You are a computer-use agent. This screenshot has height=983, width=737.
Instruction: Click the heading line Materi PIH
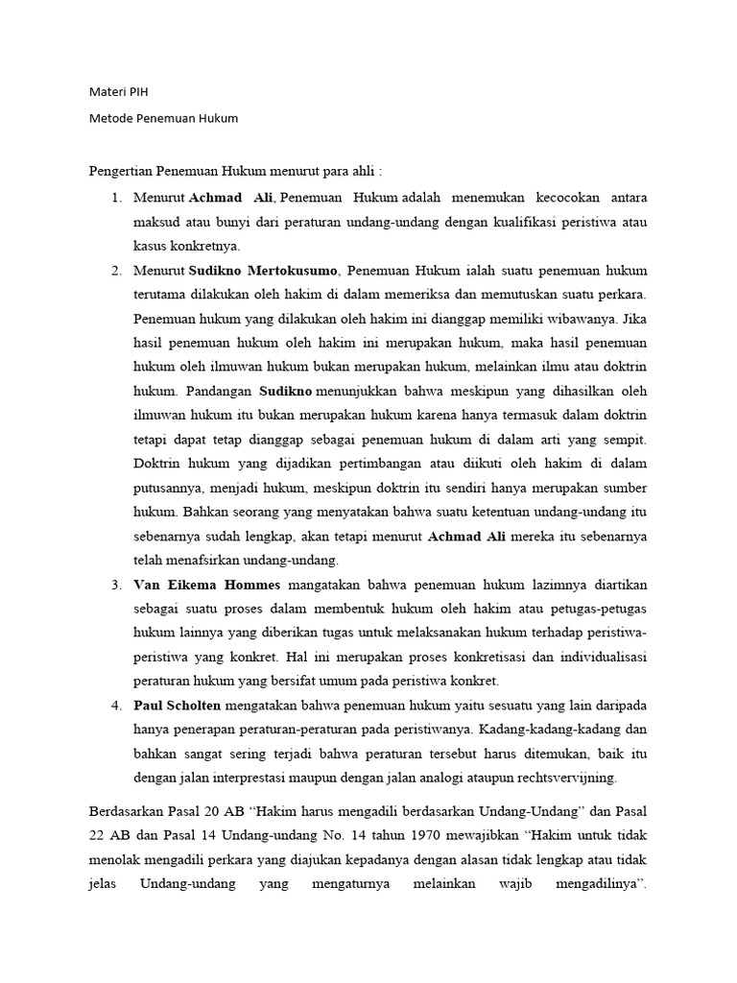tap(119, 92)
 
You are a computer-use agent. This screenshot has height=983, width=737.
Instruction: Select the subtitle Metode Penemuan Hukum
tap(162, 118)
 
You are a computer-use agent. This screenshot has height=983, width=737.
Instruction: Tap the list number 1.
tap(116, 198)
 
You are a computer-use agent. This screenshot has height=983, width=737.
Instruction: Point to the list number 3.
tap(116, 585)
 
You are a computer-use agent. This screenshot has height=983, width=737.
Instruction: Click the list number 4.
tap(116, 706)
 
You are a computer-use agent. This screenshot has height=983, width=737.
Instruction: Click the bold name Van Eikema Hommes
tap(208, 585)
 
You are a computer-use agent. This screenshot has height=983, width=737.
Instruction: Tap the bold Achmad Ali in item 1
tap(231, 198)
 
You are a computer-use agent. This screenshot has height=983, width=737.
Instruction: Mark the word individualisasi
tap(599, 657)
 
